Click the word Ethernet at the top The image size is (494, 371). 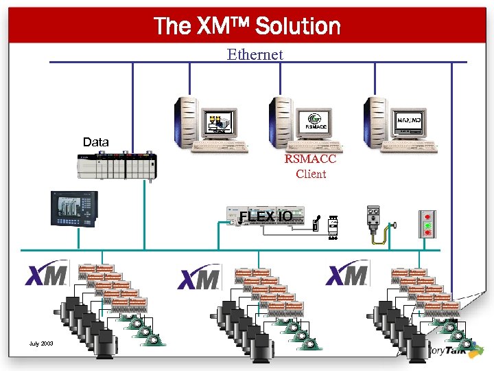pos(255,54)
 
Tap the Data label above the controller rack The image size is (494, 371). pos(95,142)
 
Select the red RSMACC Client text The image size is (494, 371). pos(311,166)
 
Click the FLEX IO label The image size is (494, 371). pos(266,217)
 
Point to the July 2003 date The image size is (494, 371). pos(43,344)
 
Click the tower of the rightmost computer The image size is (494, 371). pos(376,122)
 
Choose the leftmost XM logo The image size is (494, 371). pos(47,275)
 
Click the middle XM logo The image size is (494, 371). pos(199,278)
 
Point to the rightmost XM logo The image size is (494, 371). pos(348,274)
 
